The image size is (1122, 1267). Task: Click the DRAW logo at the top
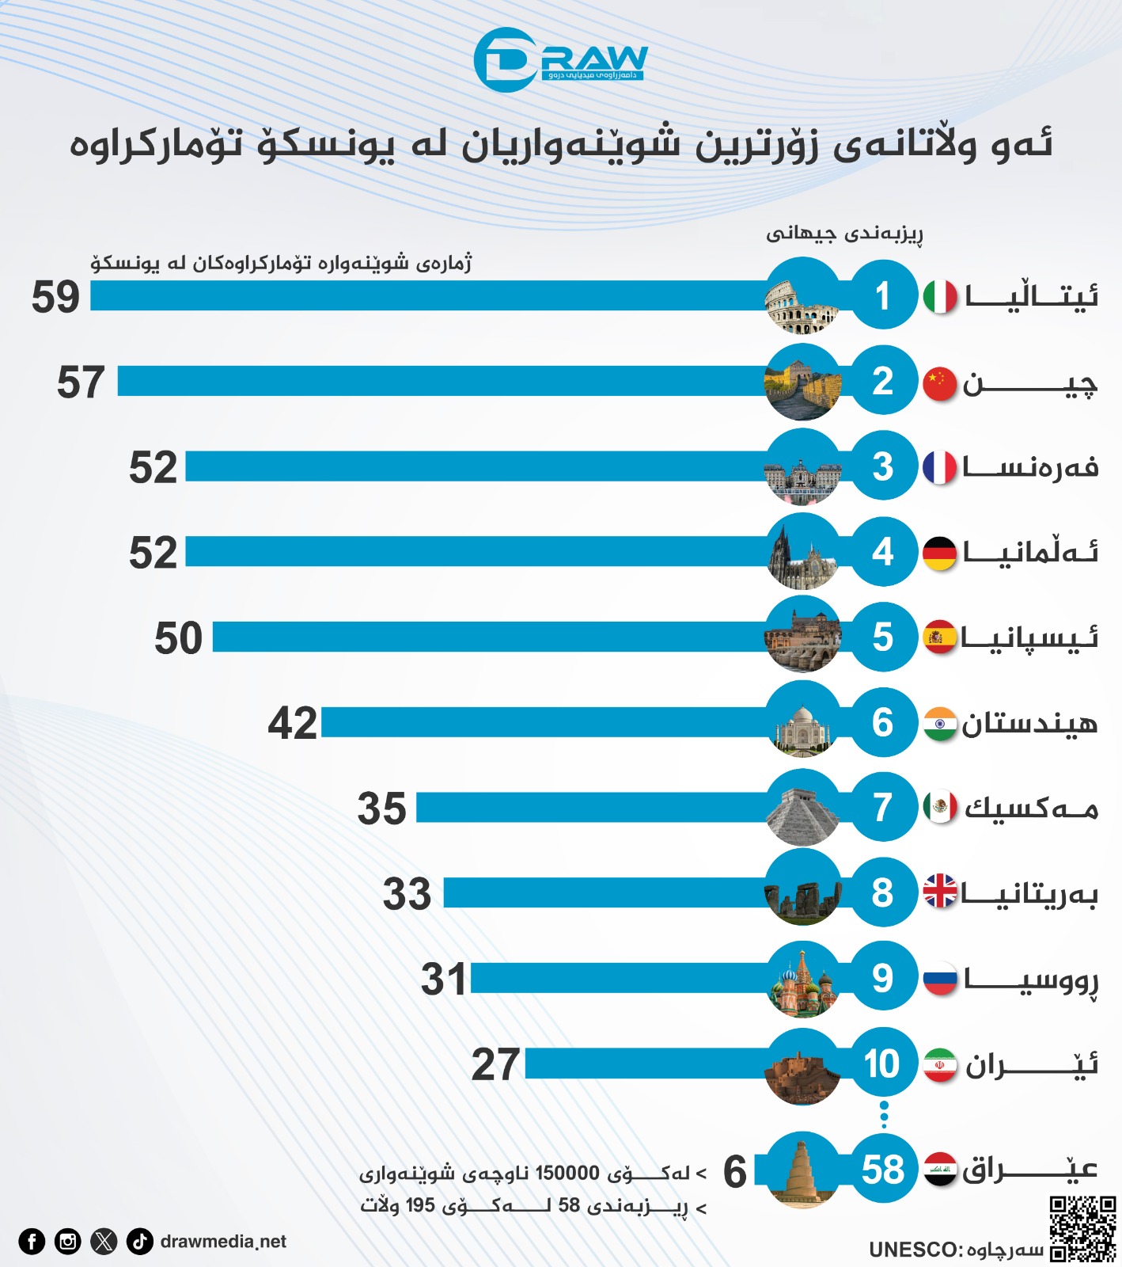pyautogui.click(x=560, y=60)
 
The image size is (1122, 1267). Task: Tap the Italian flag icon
pyautogui.click(x=940, y=297)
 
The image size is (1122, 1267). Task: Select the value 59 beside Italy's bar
pyautogui.click(x=55, y=298)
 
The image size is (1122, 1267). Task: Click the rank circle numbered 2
pyautogui.click(x=883, y=381)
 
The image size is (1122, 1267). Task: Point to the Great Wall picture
pyautogui.click(x=802, y=382)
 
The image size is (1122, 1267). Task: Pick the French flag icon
pyautogui.click(x=940, y=467)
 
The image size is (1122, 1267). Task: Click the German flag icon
pyautogui.click(x=940, y=553)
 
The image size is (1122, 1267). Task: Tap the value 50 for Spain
pyautogui.click(x=178, y=638)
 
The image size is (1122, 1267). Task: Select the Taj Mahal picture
pyautogui.click(x=802, y=722)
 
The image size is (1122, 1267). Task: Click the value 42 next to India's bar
pyautogui.click(x=292, y=724)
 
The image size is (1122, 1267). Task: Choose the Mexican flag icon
pyautogui.click(x=940, y=807)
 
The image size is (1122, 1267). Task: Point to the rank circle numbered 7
pyautogui.click(x=883, y=807)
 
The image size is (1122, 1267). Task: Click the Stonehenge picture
pyautogui.click(x=802, y=892)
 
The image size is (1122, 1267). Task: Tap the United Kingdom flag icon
pyautogui.click(x=940, y=892)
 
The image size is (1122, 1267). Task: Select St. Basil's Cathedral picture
pyautogui.click(x=802, y=979)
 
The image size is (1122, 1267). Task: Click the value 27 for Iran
pyautogui.click(x=495, y=1065)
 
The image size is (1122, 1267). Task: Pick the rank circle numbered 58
pyautogui.click(x=883, y=1170)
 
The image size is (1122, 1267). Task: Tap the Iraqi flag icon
pyautogui.click(x=940, y=1170)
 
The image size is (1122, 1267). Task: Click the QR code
pyautogui.click(x=1082, y=1228)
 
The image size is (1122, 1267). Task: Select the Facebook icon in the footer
pyautogui.click(x=32, y=1241)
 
